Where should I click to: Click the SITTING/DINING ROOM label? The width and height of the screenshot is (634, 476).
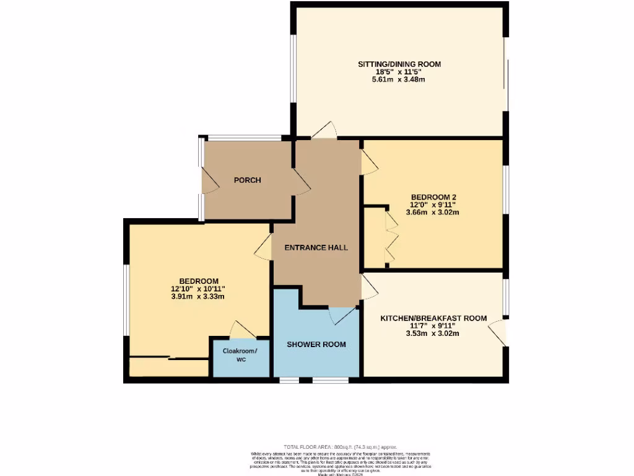pyautogui.click(x=399, y=64)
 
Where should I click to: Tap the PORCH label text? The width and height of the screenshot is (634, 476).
pyautogui.click(x=247, y=180)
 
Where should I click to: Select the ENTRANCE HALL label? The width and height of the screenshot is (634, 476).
pyautogui.click(x=316, y=247)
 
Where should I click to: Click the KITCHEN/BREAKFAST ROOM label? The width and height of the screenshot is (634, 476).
pyautogui.click(x=433, y=318)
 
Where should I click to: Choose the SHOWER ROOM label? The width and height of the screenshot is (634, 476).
pyautogui.click(x=316, y=344)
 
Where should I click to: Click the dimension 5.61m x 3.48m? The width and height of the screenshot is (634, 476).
pyautogui.click(x=399, y=80)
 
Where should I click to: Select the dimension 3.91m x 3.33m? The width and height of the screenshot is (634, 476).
pyautogui.click(x=198, y=296)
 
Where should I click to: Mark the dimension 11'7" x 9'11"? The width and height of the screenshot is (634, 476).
pyautogui.click(x=433, y=326)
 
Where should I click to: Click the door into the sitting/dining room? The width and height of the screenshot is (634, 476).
pyautogui.click(x=324, y=130)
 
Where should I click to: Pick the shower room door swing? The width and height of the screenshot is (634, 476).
pyautogui.click(x=342, y=315)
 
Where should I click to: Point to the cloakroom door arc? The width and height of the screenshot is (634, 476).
pyautogui.click(x=240, y=329)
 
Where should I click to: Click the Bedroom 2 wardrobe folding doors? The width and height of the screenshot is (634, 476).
pyautogui.click(x=390, y=239)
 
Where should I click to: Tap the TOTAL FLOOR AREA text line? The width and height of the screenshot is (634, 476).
pyautogui.click(x=340, y=447)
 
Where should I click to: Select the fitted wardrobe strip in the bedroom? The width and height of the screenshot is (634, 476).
pyautogui.click(x=168, y=367)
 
